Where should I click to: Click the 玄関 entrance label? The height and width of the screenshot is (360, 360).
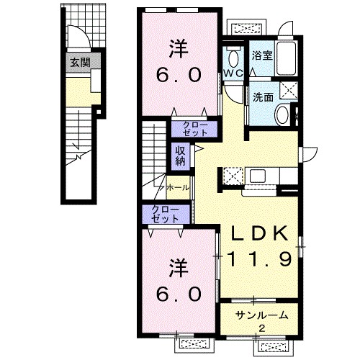[x=80, y=63]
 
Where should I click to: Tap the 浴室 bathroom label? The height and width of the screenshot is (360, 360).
[x=262, y=55]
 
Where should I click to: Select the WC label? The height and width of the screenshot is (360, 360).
[x=233, y=73]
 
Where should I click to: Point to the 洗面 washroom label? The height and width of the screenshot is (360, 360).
[x=264, y=97]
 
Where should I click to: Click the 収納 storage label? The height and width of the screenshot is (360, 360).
[x=181, y=156]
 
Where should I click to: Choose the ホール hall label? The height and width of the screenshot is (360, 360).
[x=178, y=188]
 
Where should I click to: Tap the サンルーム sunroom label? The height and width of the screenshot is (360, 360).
[x=262, y=315]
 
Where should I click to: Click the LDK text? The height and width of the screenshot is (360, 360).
[x=260, y=233]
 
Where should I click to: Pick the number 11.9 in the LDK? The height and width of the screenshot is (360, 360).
[x=260, y=259]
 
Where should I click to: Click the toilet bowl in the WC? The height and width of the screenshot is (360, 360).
[x=233, y=59]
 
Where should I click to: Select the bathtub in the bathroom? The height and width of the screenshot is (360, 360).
[x=286, y=59]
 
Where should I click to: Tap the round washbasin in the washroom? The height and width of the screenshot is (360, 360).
[x=282, y=114]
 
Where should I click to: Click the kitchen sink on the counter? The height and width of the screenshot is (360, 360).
[x=258, y=176]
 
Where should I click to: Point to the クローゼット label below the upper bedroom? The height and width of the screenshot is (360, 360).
[x=195, y=129]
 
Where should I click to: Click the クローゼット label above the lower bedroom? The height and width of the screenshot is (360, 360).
[x=166, y=215]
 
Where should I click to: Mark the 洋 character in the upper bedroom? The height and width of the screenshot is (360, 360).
[x=179, y=49]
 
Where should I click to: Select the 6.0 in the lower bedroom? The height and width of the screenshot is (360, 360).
[x=179, y=294]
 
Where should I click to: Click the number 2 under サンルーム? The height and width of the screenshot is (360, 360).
[x=262, y=328]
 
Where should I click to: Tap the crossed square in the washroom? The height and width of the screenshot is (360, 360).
[x=289, y=90]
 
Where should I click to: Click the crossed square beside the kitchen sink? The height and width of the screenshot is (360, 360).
[x=233, y=176]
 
